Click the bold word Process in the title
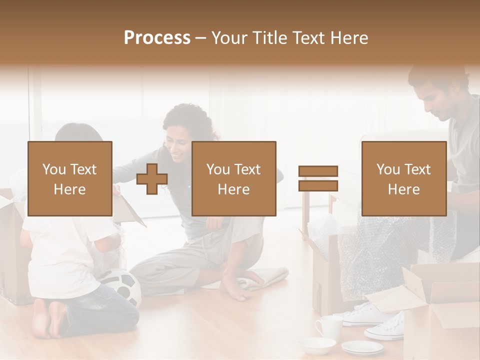pos(157,37)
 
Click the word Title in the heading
pos(269,37)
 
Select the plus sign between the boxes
pos(152,179)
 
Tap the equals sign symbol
pos(318,178)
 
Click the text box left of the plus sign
pos(69,178)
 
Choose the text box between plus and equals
pos(233,178)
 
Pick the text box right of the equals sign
pos(403,178)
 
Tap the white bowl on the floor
pos(317,345)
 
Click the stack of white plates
pos(362,347)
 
